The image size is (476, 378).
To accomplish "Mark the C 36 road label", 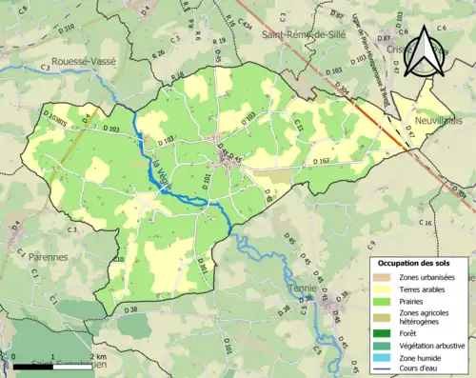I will tap(427, 223).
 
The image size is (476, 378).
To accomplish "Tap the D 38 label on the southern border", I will tap(130, 309).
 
